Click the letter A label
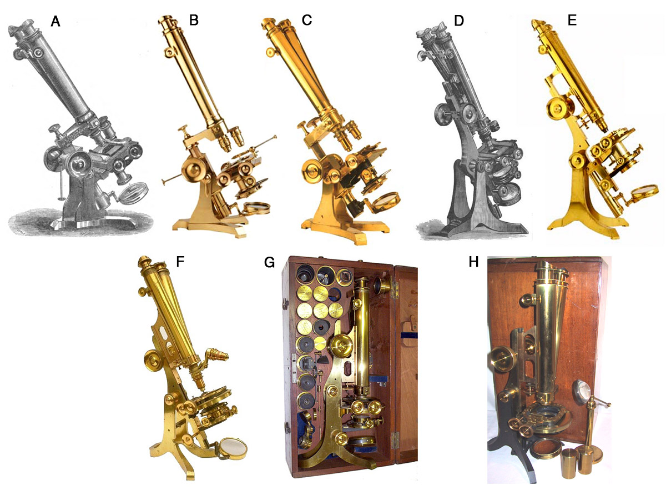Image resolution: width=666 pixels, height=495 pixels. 56,21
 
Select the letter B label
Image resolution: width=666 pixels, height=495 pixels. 194,20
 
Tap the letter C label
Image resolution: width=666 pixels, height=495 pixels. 307,20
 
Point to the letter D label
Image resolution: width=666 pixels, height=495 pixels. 459,21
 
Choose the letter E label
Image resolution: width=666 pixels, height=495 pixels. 572,20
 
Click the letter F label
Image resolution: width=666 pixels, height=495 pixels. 180,262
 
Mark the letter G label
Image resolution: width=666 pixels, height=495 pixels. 269,262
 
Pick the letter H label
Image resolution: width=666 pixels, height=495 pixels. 473,262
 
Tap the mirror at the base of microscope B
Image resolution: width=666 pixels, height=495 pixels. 257,208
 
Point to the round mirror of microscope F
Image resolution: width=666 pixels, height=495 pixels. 233,449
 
